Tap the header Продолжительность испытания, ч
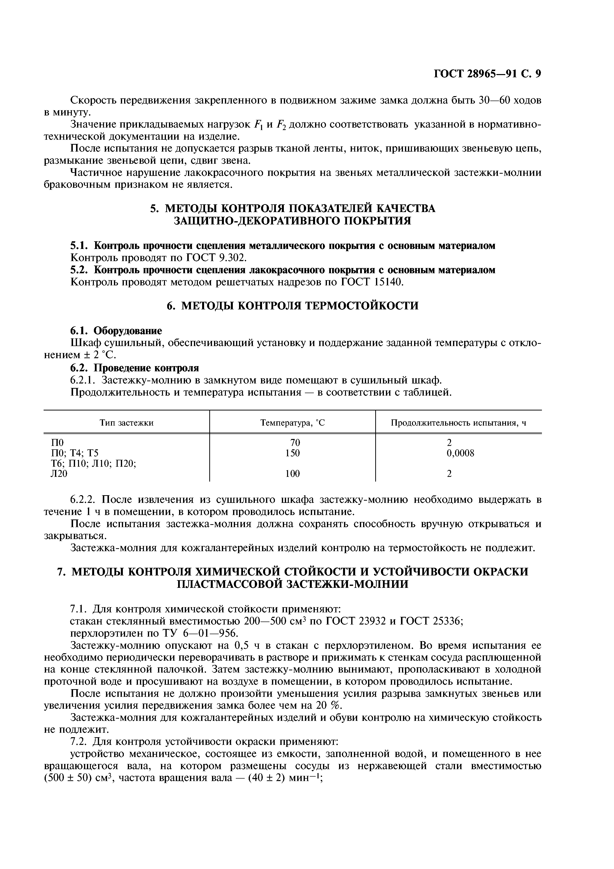(458, 423)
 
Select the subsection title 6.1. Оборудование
(116, 331)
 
